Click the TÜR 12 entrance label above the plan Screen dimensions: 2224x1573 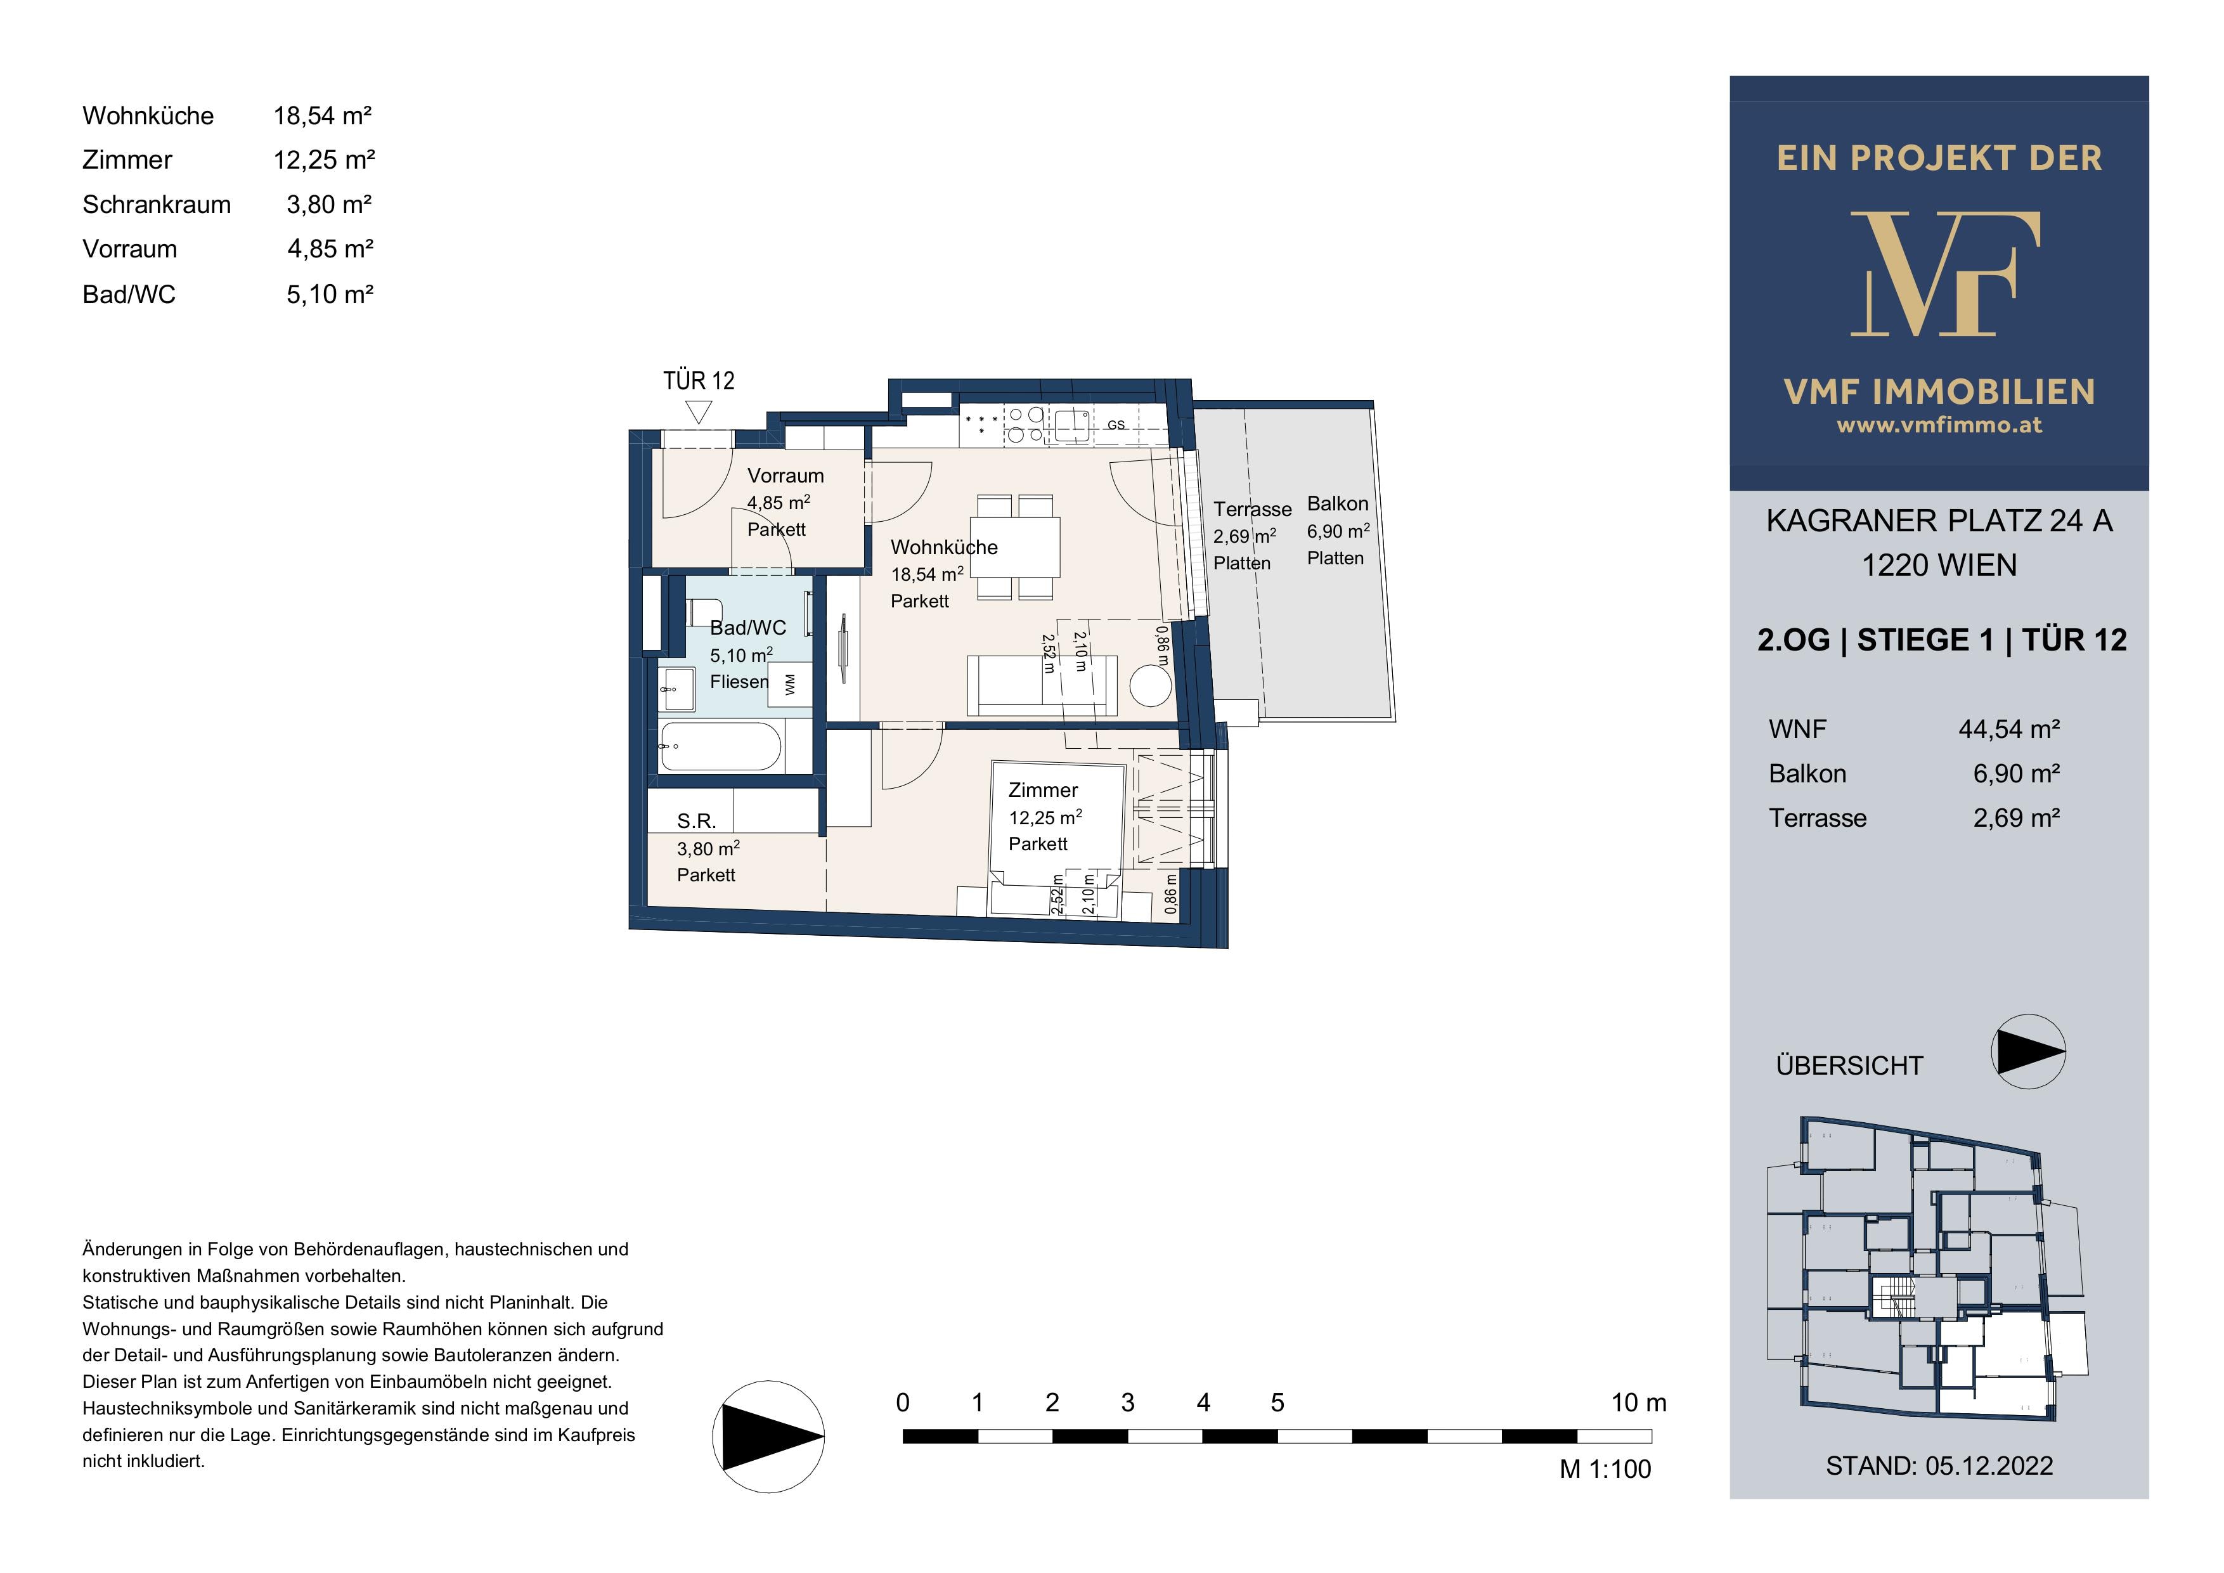[x=699, y=380]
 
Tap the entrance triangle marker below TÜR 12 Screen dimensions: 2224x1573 [x=699, y=413]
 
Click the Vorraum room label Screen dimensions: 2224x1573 [x=786, y=476]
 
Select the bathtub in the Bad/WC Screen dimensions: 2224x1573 [x=721, y=746]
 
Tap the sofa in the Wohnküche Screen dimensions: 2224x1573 [x=1042, y=686]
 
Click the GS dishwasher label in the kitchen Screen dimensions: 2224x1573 [x=1116, y=425]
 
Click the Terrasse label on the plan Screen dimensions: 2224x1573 [x=1253, y=510]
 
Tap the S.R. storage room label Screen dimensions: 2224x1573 [x=697, y=821]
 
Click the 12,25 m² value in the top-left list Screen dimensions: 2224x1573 [x=323, y=160]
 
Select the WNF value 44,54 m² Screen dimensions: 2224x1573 [x=2009, y=729]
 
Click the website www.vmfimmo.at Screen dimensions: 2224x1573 [x=1939, y=424]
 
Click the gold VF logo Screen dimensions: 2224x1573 [x=1940, y=273]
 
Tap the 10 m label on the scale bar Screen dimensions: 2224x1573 [x=1639, y=1402]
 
